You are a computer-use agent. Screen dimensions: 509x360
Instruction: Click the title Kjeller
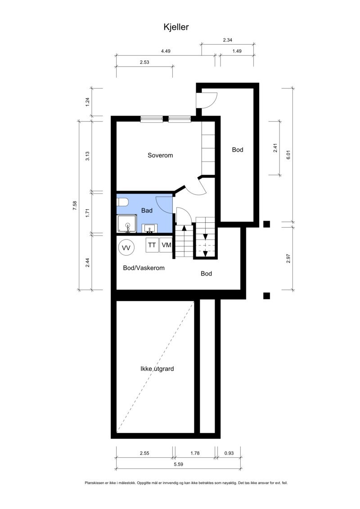[176, 27]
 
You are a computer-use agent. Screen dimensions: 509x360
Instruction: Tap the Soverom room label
[160, 155]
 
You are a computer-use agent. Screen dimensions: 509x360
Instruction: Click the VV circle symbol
[126, 248]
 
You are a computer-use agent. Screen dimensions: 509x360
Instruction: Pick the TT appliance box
[152, 245]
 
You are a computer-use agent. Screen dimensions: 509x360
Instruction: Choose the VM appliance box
[166, 245]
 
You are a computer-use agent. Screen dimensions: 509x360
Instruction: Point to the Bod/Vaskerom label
[144, 268]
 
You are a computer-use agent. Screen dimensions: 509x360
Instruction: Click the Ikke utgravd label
[157, 369]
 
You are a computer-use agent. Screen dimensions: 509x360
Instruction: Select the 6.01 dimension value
[289, 154]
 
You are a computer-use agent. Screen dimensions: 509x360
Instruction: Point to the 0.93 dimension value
[229, 454]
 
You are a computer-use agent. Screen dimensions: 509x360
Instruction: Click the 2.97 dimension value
[289, 260]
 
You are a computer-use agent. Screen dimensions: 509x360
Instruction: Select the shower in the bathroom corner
[126, 224]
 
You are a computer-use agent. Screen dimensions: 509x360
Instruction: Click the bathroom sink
[150, 228]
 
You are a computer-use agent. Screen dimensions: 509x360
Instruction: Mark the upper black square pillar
[266, 223]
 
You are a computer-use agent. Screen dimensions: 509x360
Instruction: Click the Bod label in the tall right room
[238, 150]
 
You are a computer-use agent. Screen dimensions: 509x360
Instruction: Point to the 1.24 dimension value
[88, 102]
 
